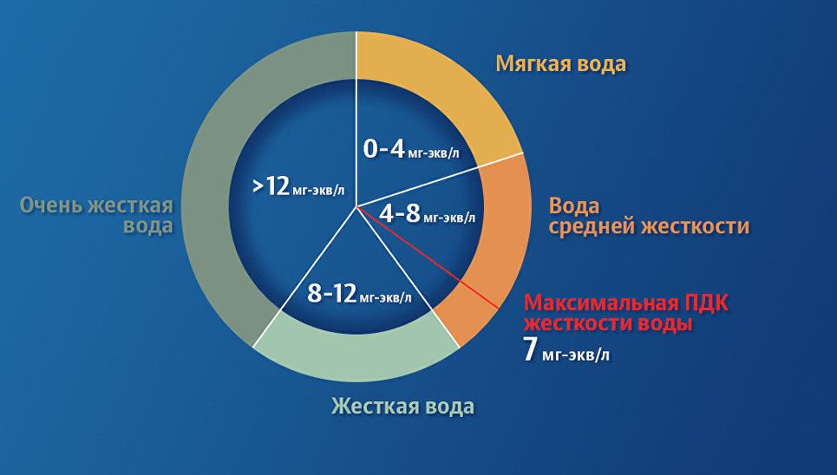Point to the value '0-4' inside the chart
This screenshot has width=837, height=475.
(383, 149)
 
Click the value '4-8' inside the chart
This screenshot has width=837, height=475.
(400, 213)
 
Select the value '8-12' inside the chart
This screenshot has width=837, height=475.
(331, 293)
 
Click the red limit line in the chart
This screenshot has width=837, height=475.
(428, 257)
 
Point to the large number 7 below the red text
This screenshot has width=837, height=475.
(529, 350)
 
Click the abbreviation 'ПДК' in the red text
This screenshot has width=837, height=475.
(706, 303)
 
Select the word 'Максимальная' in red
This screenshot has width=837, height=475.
(602, 303)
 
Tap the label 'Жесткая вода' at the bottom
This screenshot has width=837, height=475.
(403, 407)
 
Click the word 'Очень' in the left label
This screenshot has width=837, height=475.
(51, 205)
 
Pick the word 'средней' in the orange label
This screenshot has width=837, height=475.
(592, 227)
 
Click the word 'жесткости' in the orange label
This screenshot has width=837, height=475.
(695, 226)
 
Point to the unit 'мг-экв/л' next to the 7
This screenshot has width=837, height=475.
(575, 355)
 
